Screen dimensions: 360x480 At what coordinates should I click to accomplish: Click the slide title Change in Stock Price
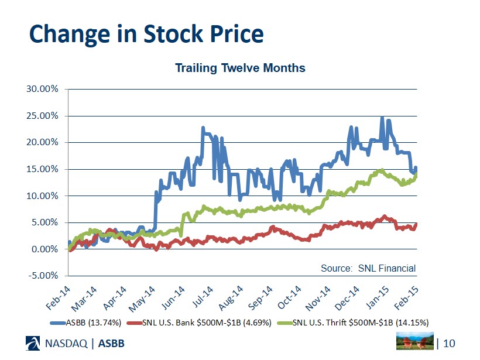146,35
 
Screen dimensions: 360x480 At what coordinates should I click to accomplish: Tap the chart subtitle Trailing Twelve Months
240,68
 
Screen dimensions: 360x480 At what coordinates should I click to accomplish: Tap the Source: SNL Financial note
368,268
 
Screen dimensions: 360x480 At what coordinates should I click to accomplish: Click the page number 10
449,342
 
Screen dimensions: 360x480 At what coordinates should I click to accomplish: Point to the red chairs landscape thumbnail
415,342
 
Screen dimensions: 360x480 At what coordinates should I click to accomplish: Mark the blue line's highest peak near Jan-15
382,118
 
